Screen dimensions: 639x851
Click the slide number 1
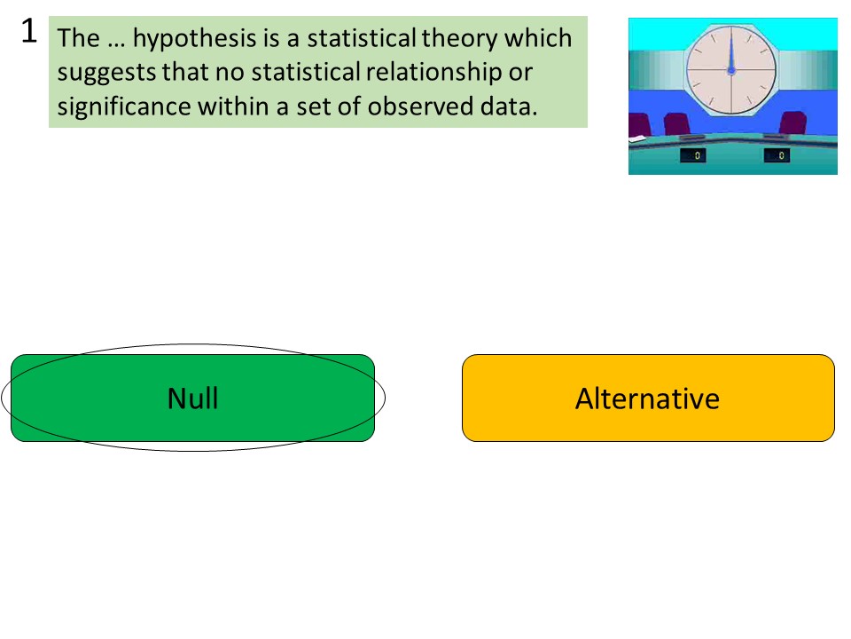point(28,32)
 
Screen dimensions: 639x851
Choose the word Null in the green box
point(192,398)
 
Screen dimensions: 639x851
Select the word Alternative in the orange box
point(647,398)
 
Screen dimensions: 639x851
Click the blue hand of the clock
point(731,56)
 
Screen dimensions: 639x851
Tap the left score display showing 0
point(692,156)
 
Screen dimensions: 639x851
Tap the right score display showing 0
point(777,156)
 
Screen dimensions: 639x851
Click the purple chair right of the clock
point(792,123)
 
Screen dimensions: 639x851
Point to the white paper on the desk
point(636,140)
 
